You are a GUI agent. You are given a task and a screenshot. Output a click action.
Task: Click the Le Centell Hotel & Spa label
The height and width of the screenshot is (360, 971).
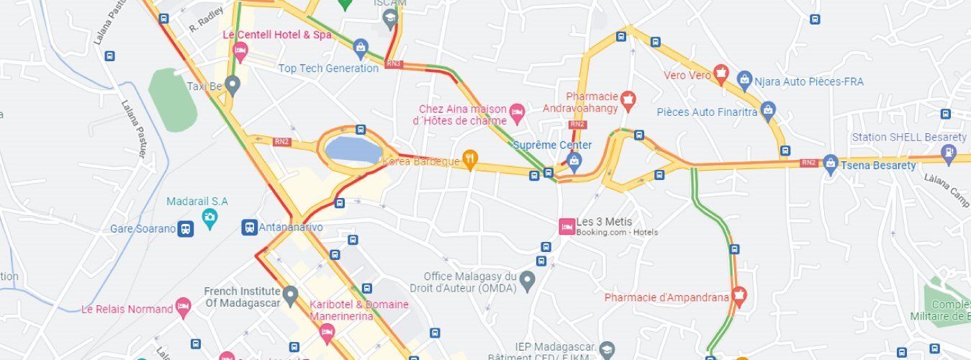(277, 35)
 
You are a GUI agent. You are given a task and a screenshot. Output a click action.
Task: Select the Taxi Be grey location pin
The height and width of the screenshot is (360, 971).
(232, 85)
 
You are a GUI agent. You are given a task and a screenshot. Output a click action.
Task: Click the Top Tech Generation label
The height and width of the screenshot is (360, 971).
(328, 68)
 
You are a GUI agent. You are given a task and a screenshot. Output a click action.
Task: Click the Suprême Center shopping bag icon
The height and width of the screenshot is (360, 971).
(574, 160)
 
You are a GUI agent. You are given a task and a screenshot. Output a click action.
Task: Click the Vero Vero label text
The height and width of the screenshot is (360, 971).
(687, 75)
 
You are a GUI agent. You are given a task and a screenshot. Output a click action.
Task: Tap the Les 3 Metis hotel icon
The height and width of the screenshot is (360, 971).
(566, 226)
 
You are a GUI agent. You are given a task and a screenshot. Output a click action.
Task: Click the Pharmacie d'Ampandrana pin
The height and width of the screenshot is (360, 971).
(739, 294)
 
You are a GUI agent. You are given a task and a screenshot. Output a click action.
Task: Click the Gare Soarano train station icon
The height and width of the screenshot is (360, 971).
(186, 229)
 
